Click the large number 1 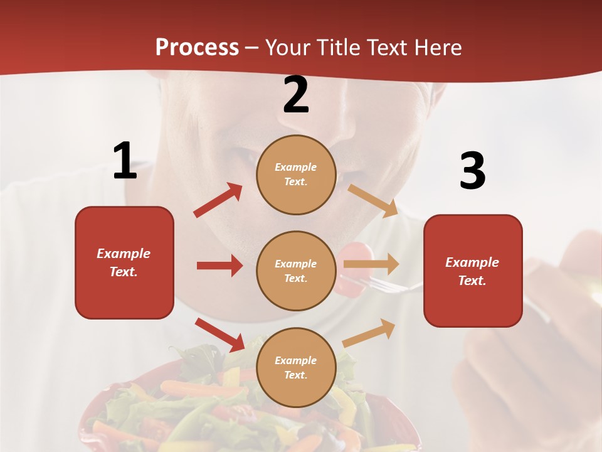[125, 161]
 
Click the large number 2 [296, 95]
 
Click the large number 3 [472, 171]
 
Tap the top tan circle [296, 174]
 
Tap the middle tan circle [296, 271]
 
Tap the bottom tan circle [296, 367]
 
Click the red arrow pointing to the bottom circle [220, 334]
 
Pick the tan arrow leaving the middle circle [371, 264]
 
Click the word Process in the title [197, 47]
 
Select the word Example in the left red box [124, 254]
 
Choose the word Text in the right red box [472, 281]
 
